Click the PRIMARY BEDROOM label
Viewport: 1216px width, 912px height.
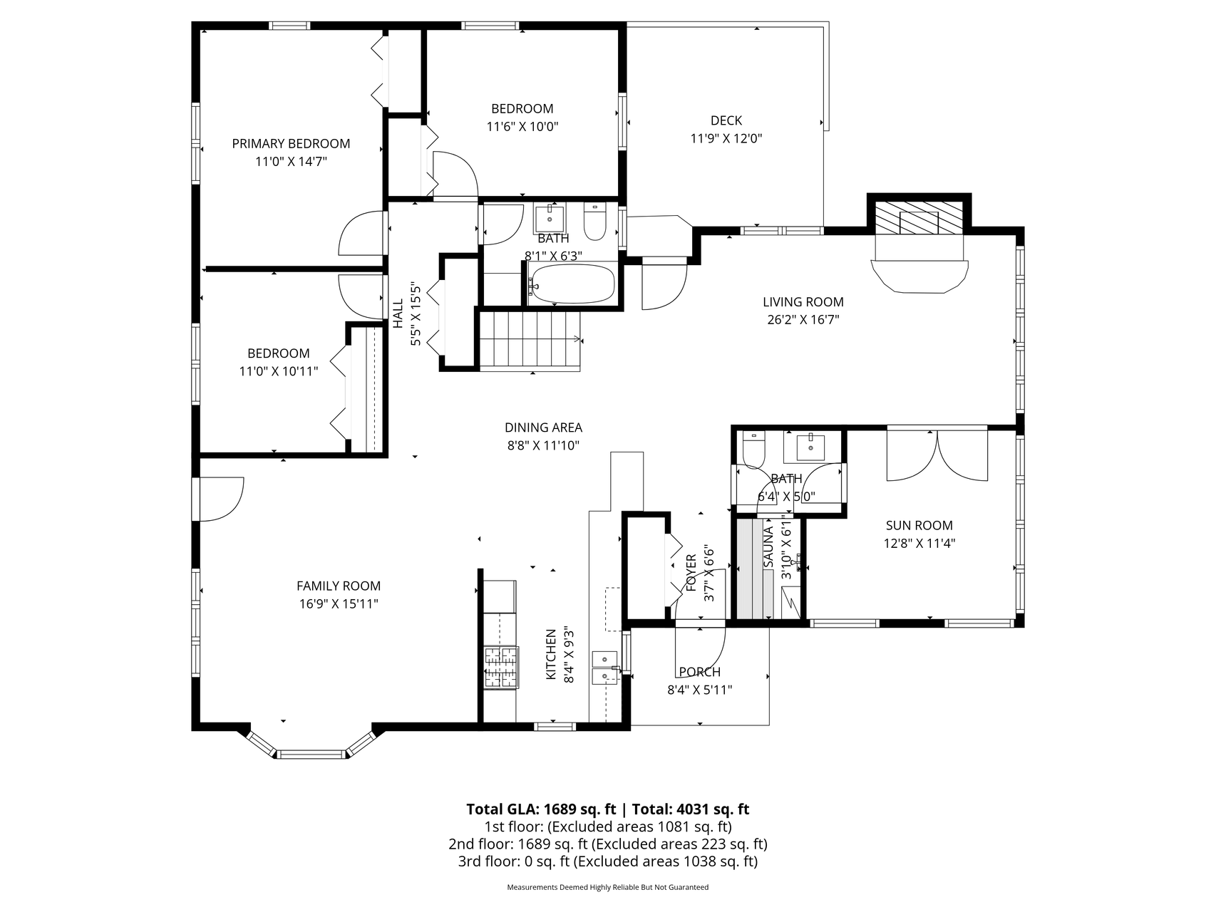tap(291, 143)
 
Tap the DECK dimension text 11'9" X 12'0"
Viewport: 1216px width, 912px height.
tap(726, 139)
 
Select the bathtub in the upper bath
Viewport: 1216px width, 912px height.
tap(572, 284)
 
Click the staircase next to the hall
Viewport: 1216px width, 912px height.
tap(529, 341)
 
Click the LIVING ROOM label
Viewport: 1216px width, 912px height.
tap(803, 302)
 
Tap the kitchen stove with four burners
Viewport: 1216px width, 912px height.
tap(500, 668)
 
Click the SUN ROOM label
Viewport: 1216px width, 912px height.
tap(919, 526)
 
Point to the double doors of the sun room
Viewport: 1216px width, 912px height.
tap(937, 455)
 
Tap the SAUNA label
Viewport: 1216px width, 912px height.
tap(768, 547)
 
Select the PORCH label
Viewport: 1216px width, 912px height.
tap(699, 672)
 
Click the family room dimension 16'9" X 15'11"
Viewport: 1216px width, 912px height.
tap(339, 604)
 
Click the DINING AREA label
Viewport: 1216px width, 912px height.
tap(543, 427)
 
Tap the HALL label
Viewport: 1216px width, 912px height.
tap(398, 313)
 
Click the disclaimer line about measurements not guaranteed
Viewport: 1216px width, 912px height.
tap(607, 888)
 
